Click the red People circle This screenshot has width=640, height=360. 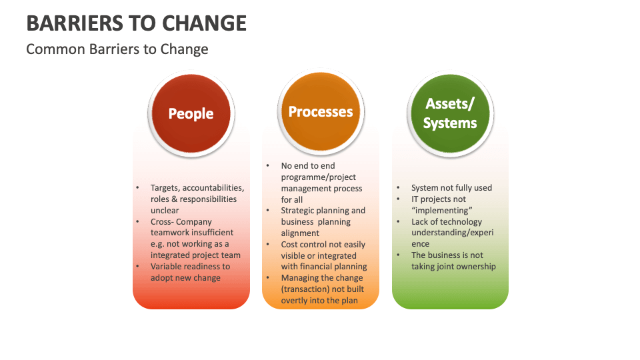click(x=191, y=114)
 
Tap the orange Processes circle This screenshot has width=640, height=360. click(x=321, y=112)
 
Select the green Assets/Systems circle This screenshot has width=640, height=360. click(x=451, y=114)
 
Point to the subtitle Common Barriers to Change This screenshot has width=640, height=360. click(x=117, y=49)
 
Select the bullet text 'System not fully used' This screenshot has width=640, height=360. click(x=451, y=188)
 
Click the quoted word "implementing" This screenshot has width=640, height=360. click(x=441, y=211)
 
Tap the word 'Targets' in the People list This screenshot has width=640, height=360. click(x=165, y=188)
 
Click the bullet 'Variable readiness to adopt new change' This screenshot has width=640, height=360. click(x=190, y=272)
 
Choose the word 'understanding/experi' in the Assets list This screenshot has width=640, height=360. click(x=453, y=233)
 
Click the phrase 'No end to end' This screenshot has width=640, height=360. click(x=308, y=166)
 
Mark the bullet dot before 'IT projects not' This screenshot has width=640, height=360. click(x=398, y=199)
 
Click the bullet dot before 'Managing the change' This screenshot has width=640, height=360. click(x=267, y=278)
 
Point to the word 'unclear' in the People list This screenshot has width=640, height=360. click(x=165, y=211)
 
